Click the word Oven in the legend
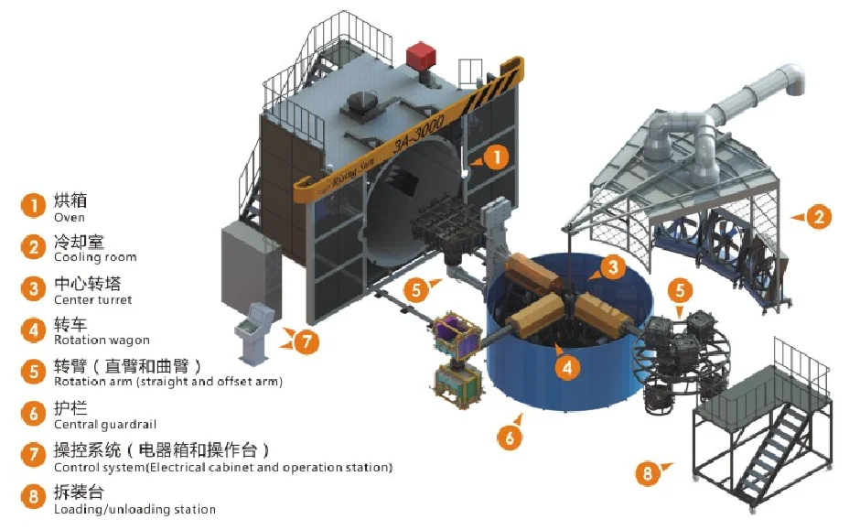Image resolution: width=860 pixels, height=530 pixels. click(70, 218)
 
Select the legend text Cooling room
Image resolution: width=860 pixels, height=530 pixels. click(95, 258)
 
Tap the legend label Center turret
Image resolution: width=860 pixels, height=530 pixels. click(92, 299)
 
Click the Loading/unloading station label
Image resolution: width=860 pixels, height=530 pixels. click(134, 509)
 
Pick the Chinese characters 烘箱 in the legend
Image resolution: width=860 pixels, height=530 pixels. click(70, 200)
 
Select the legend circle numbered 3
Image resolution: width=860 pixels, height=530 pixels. click(33, 289)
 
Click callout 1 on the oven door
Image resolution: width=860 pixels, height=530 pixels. click(494, 157)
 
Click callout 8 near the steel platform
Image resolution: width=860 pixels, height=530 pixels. click(647, 473)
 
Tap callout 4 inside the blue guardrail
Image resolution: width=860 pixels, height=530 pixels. click(566, 368)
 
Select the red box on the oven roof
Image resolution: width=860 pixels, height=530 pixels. click(421, 55)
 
